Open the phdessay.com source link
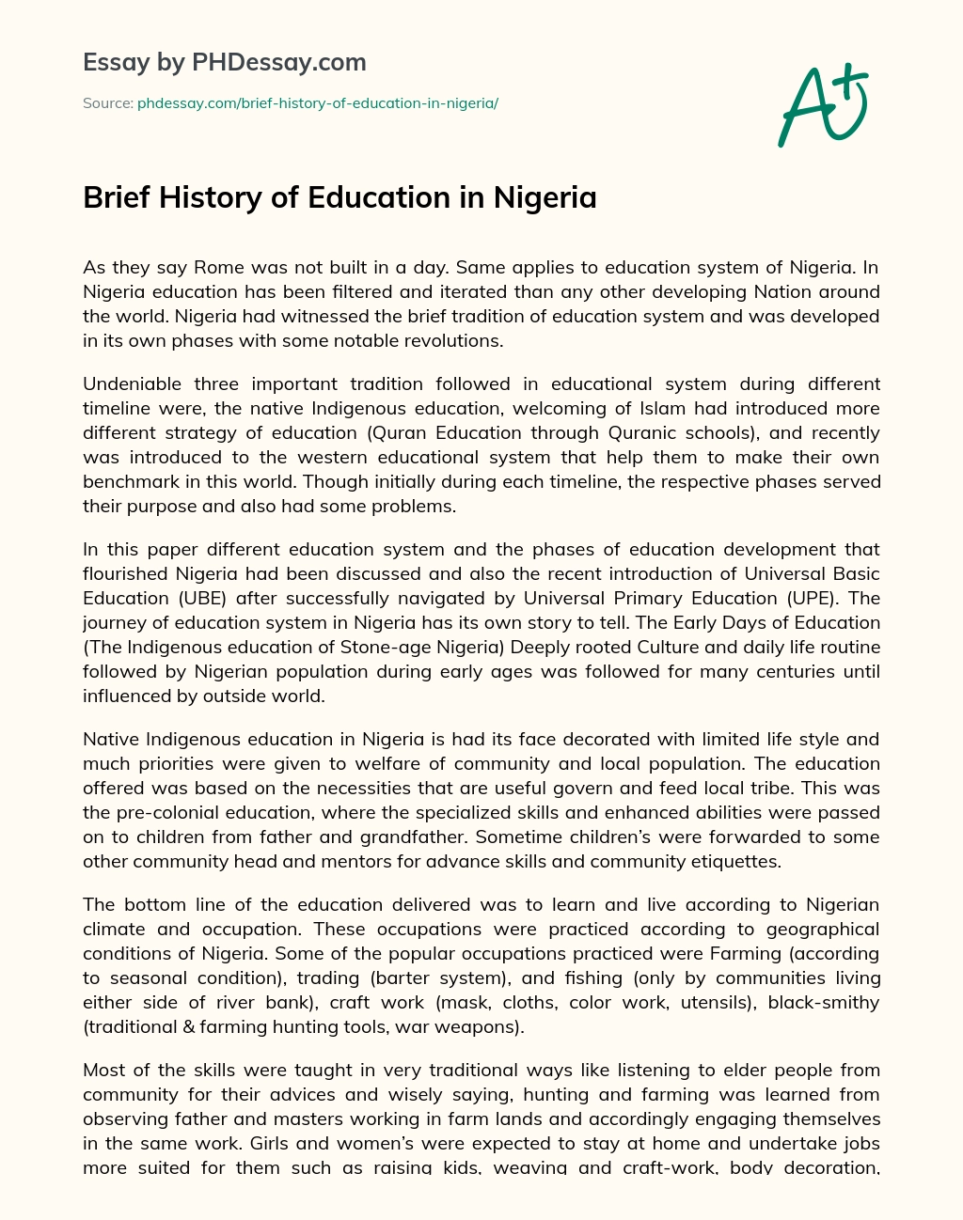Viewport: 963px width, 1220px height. coord(317,103)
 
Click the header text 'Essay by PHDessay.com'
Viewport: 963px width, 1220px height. coord(224,63)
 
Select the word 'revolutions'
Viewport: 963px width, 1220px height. coord(457,341)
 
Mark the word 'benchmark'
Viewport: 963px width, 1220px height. coord(128,482)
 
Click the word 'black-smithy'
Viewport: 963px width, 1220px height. coord(824,1003)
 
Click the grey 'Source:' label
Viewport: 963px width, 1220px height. coord(107,103)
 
